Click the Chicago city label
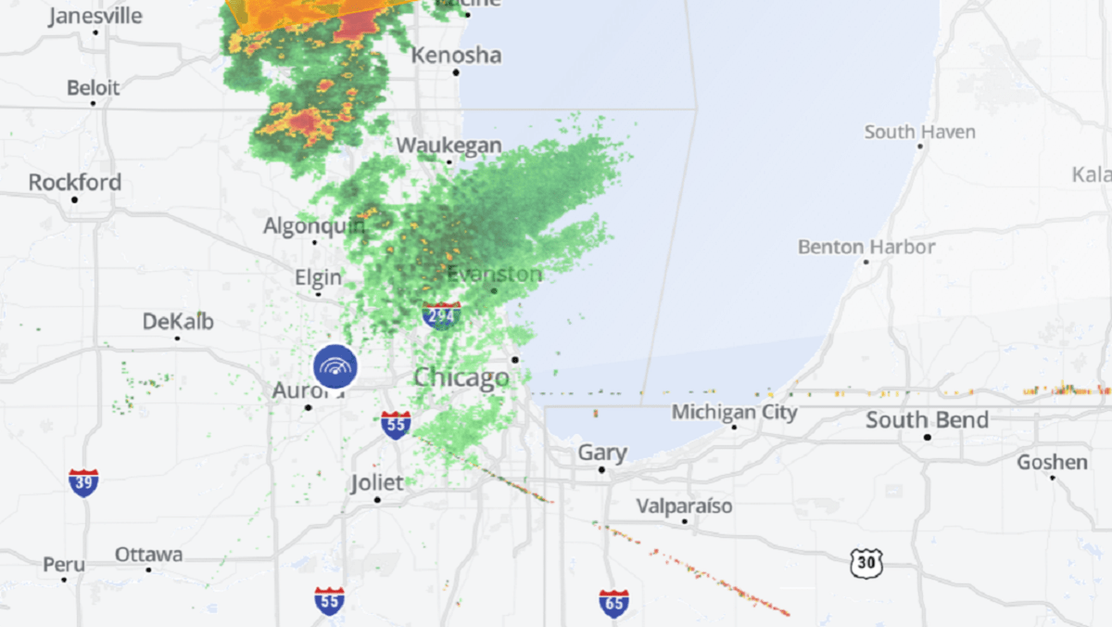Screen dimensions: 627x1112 [x=461, y=377]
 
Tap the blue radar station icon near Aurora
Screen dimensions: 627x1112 [x=335, y=367]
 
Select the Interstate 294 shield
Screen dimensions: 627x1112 [x=441, y=316]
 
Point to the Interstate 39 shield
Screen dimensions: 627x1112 [x=83, y=482]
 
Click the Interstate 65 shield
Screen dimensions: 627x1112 [x=613, y=603]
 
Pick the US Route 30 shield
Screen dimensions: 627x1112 [x=866, y=562]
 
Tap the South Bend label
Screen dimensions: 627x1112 [x=927, y=420]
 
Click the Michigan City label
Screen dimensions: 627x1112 [x=734, y=412]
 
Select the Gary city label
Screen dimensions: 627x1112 [x=602, y=454]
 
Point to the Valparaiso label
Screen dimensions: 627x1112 [x=684, y=506]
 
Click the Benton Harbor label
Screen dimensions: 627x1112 [x=866, y=248]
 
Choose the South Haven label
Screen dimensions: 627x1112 [x=919, y=133]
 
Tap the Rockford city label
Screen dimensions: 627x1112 [x=75, y=183]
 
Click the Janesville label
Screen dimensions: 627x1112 [x=95, y=16]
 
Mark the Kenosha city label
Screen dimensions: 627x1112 [x=456, y=56]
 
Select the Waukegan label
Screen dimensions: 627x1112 [x=449, y=147]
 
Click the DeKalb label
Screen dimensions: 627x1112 [x=178, y=322]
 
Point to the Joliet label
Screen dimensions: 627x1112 [x=377, y=483]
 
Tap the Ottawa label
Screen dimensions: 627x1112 [x=148, y=555]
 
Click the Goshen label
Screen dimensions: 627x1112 [x=1052, y=462]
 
